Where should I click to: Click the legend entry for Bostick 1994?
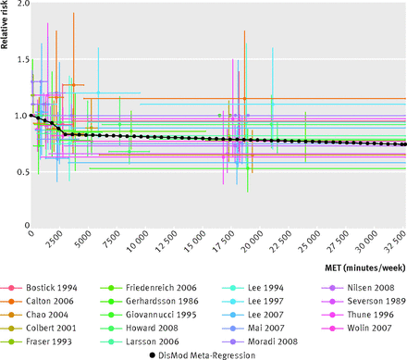[x=39, y=288]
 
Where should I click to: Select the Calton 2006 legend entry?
[x=37, y=301]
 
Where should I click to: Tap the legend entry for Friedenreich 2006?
[x=149, y=288]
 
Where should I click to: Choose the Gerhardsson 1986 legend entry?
[x=150, y=301]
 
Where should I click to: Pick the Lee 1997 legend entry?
[x=253, y=301]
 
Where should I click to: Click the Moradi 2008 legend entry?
[x=260, y=341]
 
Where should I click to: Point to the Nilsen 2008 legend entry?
[x=358, y=288]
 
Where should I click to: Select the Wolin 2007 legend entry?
[x=357, y=328]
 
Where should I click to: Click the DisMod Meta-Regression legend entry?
[x=203, y=355]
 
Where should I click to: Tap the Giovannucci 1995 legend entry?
[x=149, y=315]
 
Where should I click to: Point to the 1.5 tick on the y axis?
[x=22, y=59]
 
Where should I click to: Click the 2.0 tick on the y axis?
[x=22, y=5]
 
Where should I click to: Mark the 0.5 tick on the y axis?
[x=22, y=172]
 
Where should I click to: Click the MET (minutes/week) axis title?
[x=365, y=267]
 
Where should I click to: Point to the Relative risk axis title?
[x=4, y=25]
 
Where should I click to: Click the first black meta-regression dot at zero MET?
[x=31, y=116]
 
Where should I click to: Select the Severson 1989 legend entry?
[x=364, y=301]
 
